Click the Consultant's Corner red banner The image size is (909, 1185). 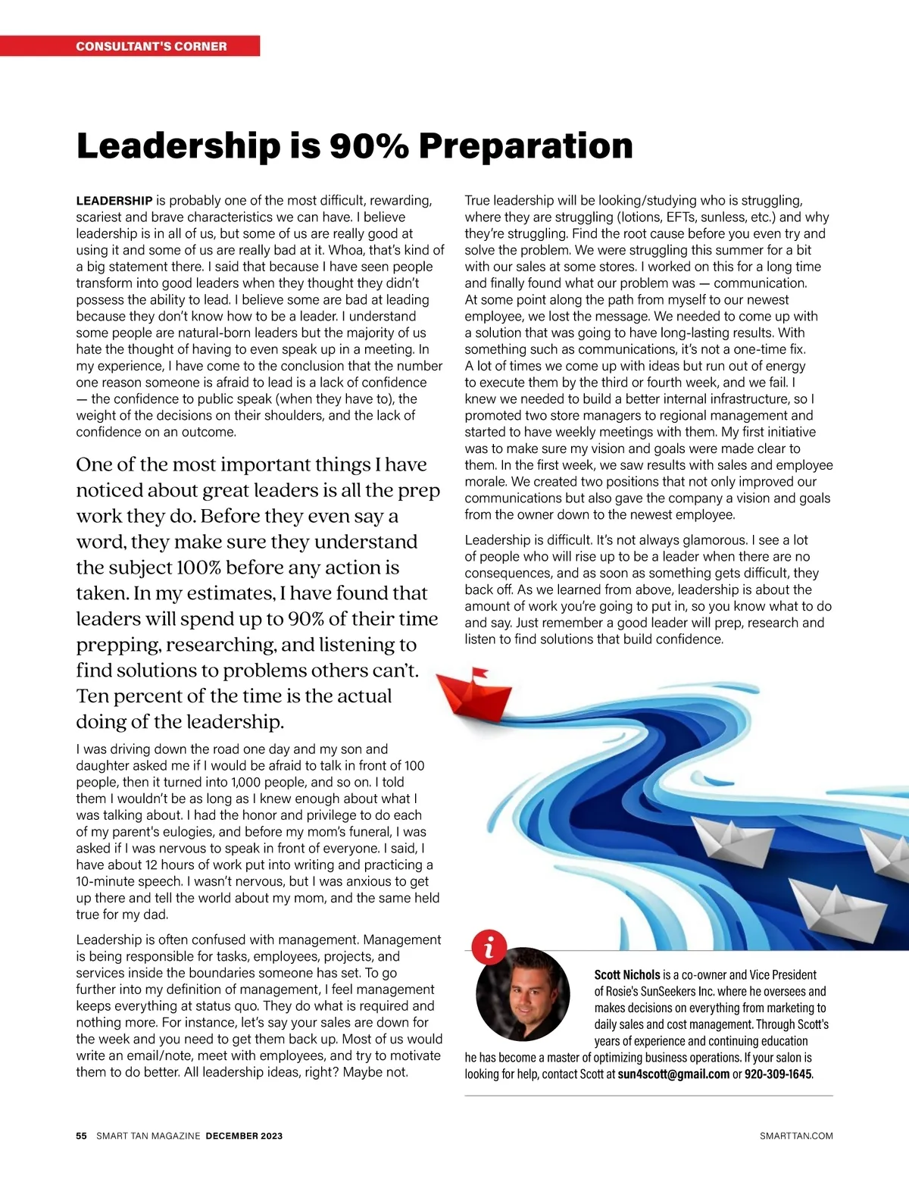click(151, 46)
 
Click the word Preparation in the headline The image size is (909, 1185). click(525, 145)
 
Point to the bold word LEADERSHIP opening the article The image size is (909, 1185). click(114, 201)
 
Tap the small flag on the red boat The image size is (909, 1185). click(479, 673)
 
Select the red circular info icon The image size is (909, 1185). click(489, 946)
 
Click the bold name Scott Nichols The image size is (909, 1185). click(627, 975)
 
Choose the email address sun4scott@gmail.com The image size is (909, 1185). click(673, 1074)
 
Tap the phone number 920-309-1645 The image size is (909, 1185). click(778, 1074)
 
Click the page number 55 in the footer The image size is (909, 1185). click(82, 1136)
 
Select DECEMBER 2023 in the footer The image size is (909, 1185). click(244, 1136)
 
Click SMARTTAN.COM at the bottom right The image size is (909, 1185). click(796, 1136)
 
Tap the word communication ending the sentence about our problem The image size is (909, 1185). click(760, 283)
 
